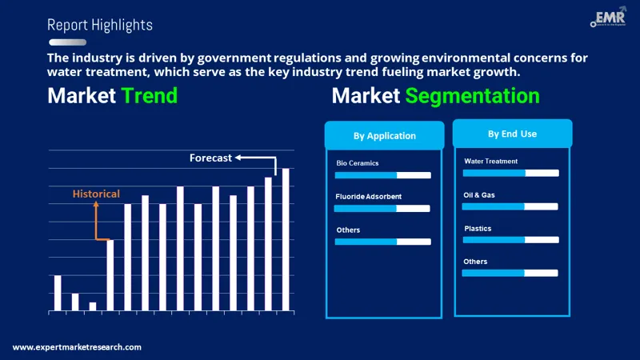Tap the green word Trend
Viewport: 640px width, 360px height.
(149, 97)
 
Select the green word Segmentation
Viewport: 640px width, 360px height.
(472, 97)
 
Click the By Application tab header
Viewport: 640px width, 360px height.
(384, 135)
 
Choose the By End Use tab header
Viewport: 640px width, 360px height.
(512, 134)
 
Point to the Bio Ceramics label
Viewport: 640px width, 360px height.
(358, 163)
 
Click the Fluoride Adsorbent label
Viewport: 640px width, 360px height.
(369, 196)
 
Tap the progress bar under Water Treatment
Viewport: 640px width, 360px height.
(511, 173)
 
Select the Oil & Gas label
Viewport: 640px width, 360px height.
(479, 194)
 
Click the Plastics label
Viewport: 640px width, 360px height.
(478, 229)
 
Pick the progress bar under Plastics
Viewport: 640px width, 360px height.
(511, 239)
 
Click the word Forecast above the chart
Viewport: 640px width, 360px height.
(210, 158)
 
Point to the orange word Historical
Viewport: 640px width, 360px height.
(96, 194)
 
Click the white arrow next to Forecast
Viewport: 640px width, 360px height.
(260, 158)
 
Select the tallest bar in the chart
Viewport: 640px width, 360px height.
(286, 239)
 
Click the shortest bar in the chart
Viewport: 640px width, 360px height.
(93, 306)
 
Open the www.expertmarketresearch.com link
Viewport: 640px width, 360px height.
(77, 347)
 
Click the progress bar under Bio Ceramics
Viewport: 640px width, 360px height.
(382, 175)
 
